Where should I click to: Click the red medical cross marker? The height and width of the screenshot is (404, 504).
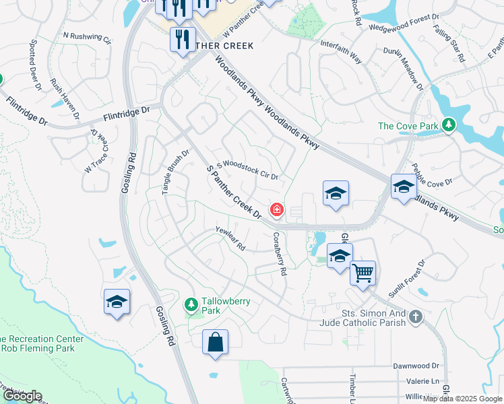pyautogui.click(x=276, y=211)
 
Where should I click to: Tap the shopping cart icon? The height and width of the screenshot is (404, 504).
pyautogui.click(x=363, y=273)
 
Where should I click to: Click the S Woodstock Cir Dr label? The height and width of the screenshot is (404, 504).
pyautogui.click(x=247, y=169)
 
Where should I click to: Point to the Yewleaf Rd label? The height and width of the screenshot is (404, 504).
pyautogui.click(x=230, y=239)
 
